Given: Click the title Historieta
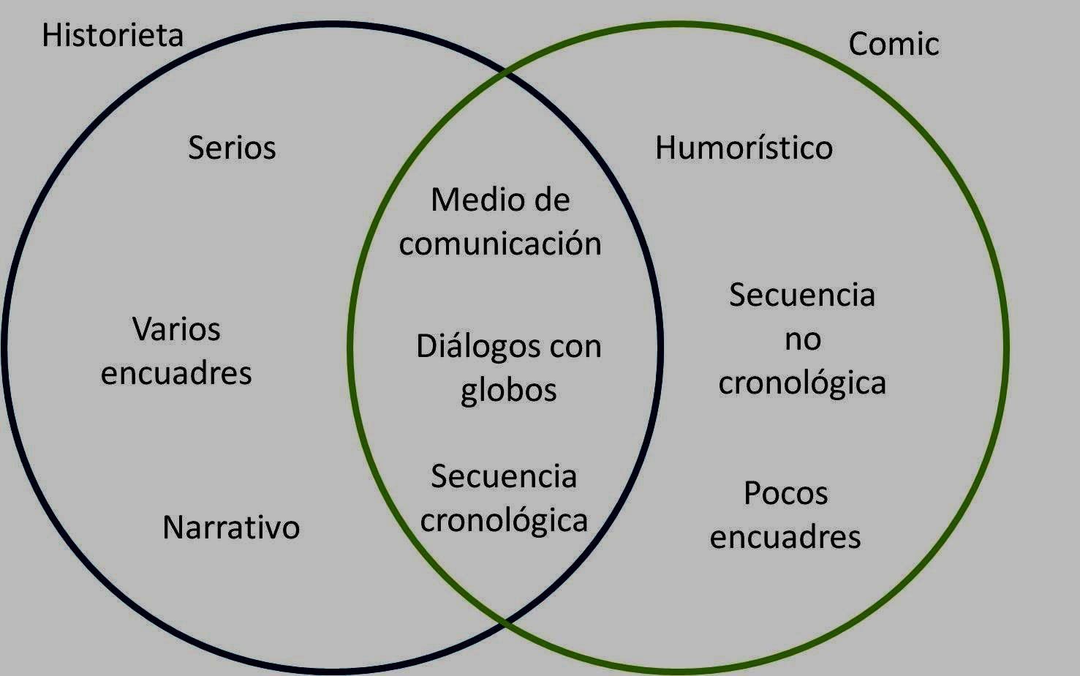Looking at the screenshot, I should [113, 35].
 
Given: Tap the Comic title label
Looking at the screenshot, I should [894, 44].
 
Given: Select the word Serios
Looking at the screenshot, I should [232, 148].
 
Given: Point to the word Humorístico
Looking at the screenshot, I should [744, 148].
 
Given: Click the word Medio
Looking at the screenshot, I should [467, 200].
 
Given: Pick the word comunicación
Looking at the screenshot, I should [500, 244].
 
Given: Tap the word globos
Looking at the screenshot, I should [508, 390].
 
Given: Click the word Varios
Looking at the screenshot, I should [176, 329].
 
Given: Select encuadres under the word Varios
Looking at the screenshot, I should [176, 373].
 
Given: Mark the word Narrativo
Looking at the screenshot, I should [231, 527].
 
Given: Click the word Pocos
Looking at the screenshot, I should [785, 493].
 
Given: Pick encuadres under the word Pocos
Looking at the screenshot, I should [785, 537].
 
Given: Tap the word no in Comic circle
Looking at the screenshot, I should [802, 339].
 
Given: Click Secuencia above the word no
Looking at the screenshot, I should [802, 296].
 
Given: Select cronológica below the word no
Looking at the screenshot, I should [802, 383].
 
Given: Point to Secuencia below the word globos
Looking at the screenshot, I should [504, 477].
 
